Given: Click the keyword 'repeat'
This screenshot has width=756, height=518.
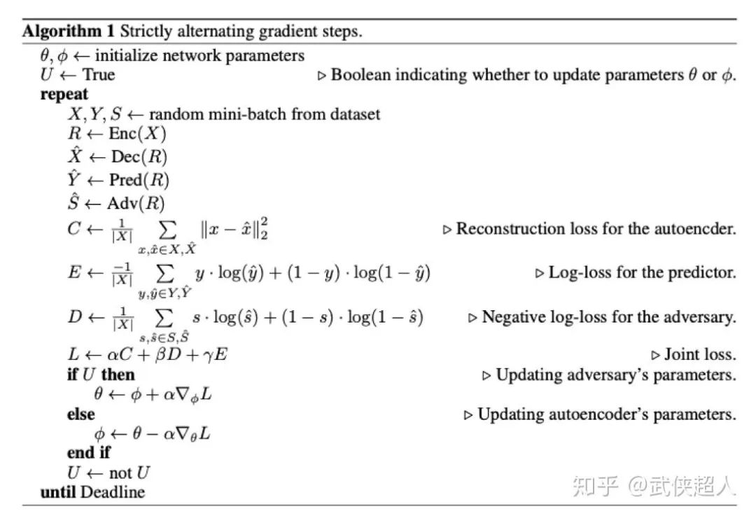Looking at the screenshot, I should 64,94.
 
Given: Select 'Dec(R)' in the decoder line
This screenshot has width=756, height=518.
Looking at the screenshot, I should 139,157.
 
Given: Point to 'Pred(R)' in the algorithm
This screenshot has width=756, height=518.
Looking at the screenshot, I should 139,180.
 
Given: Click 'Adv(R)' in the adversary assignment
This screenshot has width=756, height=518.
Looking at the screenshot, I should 136,204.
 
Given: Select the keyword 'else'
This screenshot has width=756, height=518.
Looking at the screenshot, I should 80,414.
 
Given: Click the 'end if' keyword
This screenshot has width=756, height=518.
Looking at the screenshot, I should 88,452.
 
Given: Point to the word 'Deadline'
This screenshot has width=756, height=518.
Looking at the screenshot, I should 113,492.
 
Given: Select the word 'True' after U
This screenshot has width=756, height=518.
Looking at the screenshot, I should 99,75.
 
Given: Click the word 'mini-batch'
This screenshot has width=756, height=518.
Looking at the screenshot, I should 236,114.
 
